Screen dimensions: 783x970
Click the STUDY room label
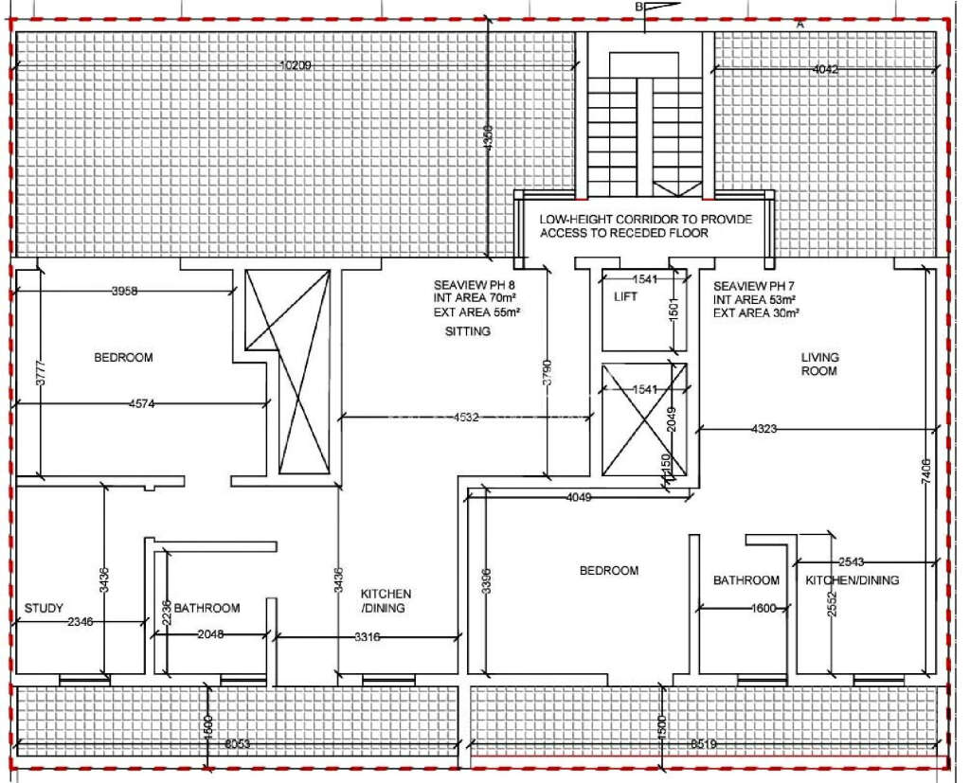44,608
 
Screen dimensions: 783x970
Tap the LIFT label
625,296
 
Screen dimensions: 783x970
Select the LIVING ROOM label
819,365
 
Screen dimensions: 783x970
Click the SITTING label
468,332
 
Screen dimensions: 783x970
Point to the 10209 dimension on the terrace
296,66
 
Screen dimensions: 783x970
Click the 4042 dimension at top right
825,69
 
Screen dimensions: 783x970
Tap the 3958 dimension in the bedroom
124,292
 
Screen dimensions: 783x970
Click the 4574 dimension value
142,404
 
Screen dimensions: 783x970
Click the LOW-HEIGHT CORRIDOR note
645,225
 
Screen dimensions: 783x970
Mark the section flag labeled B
642,8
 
